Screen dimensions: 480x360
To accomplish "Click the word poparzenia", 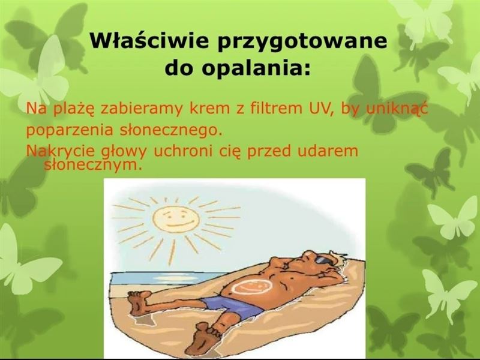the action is pos(70,131).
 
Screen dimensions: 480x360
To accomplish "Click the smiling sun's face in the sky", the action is pos(176,219).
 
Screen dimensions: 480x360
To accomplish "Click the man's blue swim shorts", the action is pos(233,305).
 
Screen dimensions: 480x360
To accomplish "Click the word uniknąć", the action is pos(397,110).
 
